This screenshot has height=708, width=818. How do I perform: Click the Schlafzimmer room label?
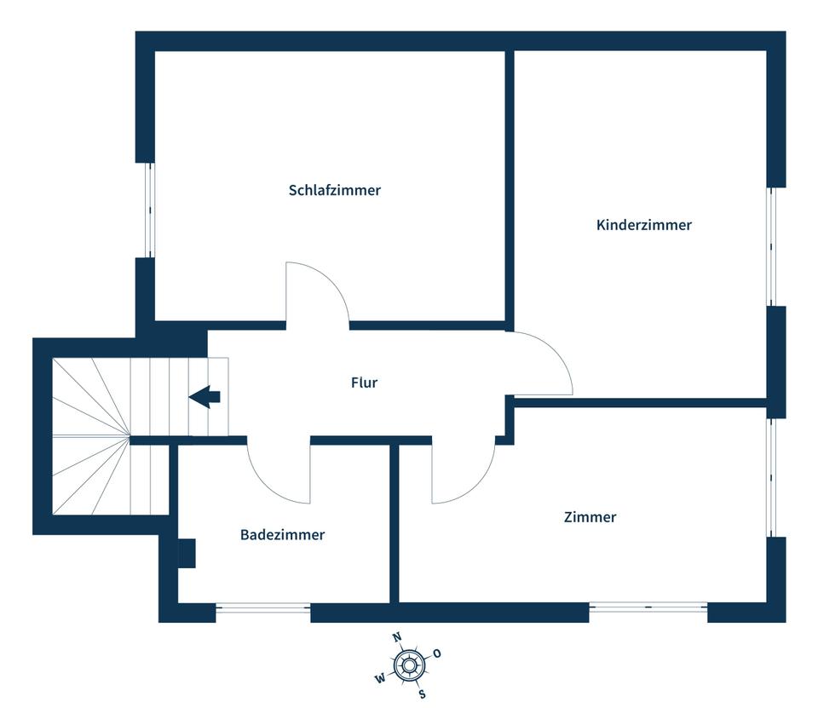coord(334,190)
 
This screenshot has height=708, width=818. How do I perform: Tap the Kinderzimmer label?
coord(644,225)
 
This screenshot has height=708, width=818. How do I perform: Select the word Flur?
coord(364,383)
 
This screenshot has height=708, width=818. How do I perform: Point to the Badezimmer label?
coord(282,534)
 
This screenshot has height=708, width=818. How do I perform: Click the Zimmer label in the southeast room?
coord(590,517)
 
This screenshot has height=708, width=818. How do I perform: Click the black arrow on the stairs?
coord(204,396)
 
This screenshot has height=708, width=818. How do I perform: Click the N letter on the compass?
coord(397,637)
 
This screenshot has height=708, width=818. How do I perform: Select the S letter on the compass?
coord(422,694)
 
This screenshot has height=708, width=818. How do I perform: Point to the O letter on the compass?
coord(437,653)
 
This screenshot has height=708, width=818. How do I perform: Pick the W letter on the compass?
coord(380,678)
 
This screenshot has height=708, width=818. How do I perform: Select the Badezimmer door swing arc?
coord(265,485)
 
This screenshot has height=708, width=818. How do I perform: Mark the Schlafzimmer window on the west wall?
coord(150,210)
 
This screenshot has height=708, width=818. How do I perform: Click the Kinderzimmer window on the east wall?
coord(771,246)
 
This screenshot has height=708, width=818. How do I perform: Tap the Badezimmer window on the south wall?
coord(263,607)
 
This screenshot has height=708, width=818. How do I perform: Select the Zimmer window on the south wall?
coord(648,607)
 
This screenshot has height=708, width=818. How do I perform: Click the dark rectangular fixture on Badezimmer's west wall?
coord(187,553)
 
